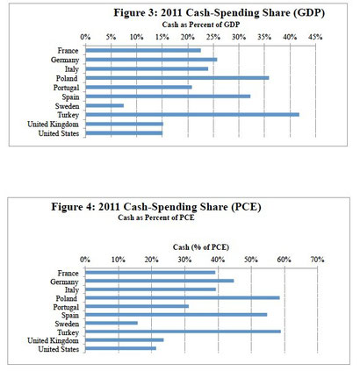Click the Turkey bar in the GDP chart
[x=192, y=115]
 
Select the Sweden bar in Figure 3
[x=104, y=105]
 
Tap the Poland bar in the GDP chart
[x=177, y=78]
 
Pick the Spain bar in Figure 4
[x=176, y=315]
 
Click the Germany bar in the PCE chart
[x=159, y=281]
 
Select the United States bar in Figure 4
[x=120, y=348]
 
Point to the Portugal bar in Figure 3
[x=139, y=87]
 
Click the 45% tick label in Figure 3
[x=315, y=37]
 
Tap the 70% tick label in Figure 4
[x=317, y=260]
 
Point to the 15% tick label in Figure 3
[x=162, y=37]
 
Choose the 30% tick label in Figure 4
[x=184, y=260]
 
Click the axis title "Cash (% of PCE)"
[x=201, y=247]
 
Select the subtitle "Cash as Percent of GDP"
[x=201, y=25]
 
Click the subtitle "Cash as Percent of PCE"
[x=156, y=218]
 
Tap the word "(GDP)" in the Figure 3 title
[x=309, y=13]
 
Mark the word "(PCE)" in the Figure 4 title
[x=246, y=207]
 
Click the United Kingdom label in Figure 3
[x=53, y=125]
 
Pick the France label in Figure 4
[x=68, y=273]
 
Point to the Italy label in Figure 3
[x=72, y=69]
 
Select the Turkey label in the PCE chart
[x=68, y=332]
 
